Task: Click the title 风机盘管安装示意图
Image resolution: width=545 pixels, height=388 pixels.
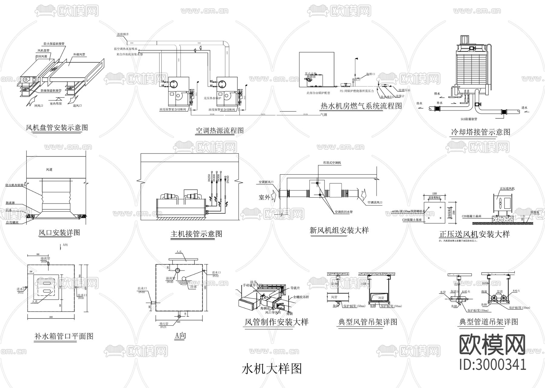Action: pyautogui.click(x=57, y=127)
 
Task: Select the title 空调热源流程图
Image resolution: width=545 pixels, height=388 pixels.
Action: pyautogui.click(x=220, y=131)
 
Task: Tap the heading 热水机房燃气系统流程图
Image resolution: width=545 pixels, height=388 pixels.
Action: pyautogui.click(x=361, y=106)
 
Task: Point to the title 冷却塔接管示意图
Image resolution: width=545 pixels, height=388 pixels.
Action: pyautogui.click(x=480, y=132)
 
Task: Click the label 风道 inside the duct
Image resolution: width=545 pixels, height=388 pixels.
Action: pyautogui.click(x=49, y=170)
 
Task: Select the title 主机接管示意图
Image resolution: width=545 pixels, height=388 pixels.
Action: pyautogui.click(x=197, y=234)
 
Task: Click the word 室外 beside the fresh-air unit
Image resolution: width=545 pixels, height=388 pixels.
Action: pyautogui.click(x=264, y=197)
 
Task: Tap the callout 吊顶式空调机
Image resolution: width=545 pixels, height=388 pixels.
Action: pyautogui.click(x=332, y=163)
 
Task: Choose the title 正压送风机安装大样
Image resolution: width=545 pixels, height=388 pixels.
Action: pyautogui.click(x=474, y=234)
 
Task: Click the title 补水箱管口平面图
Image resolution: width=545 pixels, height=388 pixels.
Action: pyautogui.click(x=64, y=336)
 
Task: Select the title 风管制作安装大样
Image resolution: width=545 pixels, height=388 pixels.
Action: pyautogui.click(x=276, y=322)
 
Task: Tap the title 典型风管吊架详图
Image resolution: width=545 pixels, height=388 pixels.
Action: pyautogui.click(x=368, y=322)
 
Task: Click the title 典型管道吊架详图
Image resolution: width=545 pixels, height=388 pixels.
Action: pyautogui.click(x=489, y=322)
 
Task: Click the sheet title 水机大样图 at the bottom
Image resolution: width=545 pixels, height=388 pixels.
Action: pyautogui.click(x=272, y=369)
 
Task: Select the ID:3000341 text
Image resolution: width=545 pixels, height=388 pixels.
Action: pyautogui.click(x=493, y=364)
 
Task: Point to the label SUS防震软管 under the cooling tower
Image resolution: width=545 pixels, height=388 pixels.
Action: pyautogui.click(x=468, y=119)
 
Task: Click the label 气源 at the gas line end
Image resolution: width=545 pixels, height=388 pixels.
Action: pyautogui.click(x=324, y=115)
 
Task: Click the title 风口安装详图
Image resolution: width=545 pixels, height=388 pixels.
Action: pyautogui.click(x=59, y=233)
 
